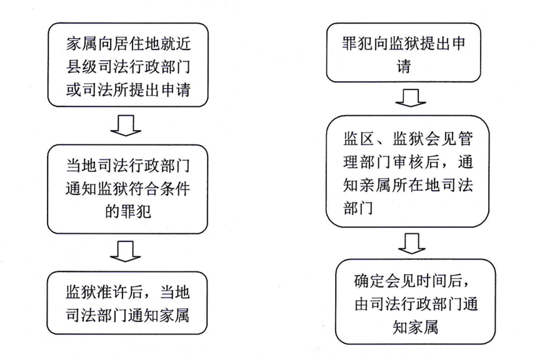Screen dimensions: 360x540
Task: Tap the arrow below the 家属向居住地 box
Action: (125, 125)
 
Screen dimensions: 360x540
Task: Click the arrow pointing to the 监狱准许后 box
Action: (125, 251)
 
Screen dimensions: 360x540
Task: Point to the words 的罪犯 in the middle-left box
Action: (125, 212)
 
